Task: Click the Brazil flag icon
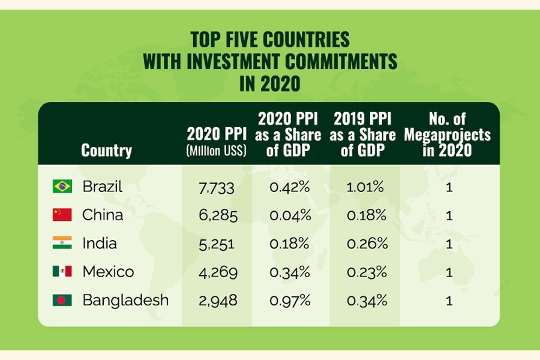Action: click(62, 187)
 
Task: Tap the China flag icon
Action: click(62, 215)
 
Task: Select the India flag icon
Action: click(62, 243)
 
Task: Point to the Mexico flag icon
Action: click(62, 271)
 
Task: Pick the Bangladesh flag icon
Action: click(62, 300)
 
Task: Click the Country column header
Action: click(106, 150)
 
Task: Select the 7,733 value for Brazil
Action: click(217, 187)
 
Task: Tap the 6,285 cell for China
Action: click(217, 215)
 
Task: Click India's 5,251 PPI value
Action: click(217, 244)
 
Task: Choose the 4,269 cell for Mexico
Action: click(217, 272)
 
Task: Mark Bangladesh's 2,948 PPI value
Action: click(217, 300)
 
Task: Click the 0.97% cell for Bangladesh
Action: click(290, 300)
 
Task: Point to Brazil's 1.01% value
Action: click(364, 187)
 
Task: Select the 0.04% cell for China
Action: click(290, 215)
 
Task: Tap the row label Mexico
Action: click(108, 272)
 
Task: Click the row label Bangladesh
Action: click(125, 300)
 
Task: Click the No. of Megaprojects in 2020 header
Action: click(447, 134)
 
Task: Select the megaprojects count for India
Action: click(449, 244)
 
